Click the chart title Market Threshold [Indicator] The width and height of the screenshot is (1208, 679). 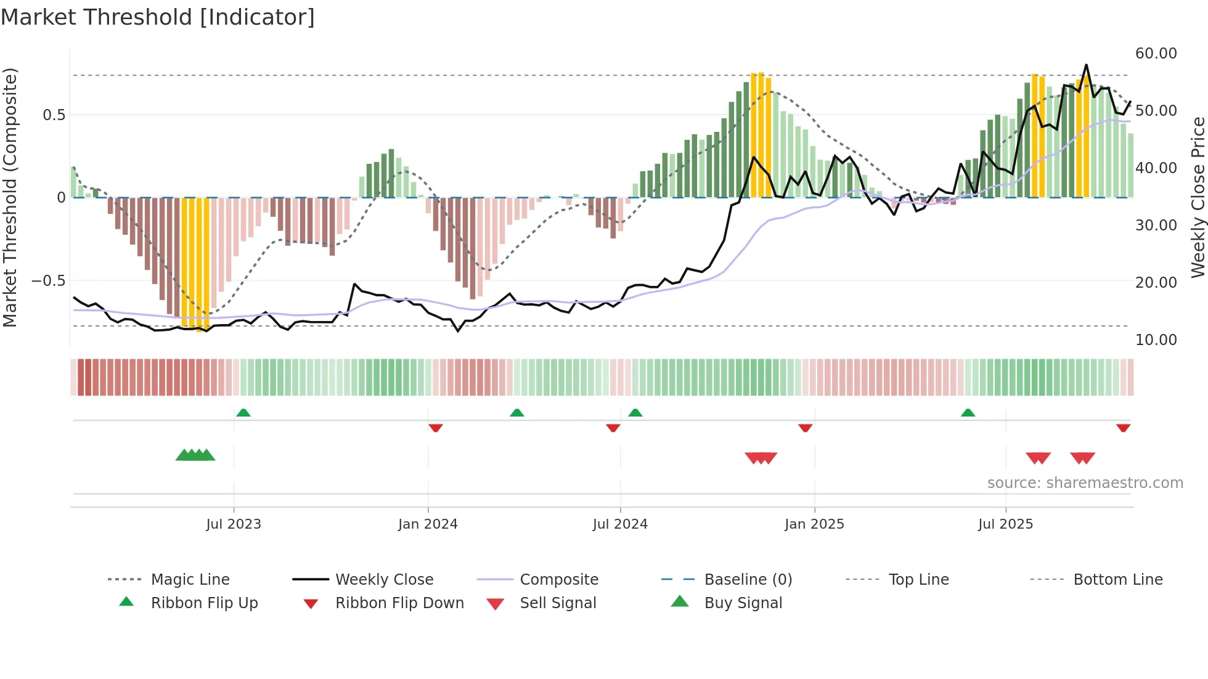[x=158, y=17]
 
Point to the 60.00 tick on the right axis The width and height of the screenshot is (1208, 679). [x=1156, y=54]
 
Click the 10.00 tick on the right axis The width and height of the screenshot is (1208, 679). [x=1156, y=340]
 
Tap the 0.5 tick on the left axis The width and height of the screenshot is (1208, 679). [x=54, y=115]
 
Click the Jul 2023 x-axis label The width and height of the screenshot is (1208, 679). [x=234, y=524]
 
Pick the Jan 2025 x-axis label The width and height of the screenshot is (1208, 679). [x=814, y=524]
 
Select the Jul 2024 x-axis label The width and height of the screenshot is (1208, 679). [x=620, y=524]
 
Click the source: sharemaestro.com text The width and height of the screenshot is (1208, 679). [x=1085, y=483]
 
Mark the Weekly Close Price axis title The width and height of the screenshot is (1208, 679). [x=1198, y=197]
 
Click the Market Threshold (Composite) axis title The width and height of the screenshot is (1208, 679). [x=10, y=197]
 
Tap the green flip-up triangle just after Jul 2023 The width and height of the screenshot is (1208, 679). [x=243, y=413]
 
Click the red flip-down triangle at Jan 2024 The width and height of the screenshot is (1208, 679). [x=436, y=428]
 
